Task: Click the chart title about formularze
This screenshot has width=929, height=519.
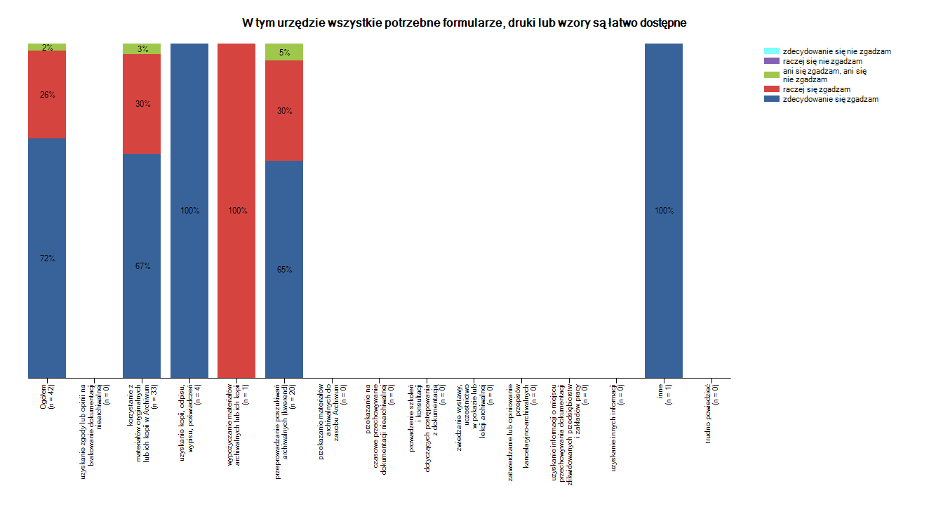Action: coord(464,22)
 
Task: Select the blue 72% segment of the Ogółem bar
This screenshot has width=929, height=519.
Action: coord(47,258)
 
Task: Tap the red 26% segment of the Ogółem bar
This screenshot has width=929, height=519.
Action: coord(47,94)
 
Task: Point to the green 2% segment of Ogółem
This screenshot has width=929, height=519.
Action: coord(47,47)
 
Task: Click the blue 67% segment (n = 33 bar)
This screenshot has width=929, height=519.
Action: coord(142,265)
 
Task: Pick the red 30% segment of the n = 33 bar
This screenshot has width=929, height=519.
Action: coord(142,103)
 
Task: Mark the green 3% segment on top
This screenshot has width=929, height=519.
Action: coord(142,48)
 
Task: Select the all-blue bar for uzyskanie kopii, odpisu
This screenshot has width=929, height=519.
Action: coord(189,210)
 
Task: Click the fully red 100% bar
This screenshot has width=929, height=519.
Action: coord(236,210)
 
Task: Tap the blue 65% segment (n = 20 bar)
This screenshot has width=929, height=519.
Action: coord(284,269)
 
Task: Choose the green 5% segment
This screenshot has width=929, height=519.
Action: coord(284,52)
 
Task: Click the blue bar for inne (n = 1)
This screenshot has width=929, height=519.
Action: coord(664,210)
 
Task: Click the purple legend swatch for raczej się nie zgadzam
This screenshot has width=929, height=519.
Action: coord(771,61)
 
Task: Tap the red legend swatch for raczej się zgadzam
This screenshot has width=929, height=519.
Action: coord(771,89)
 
